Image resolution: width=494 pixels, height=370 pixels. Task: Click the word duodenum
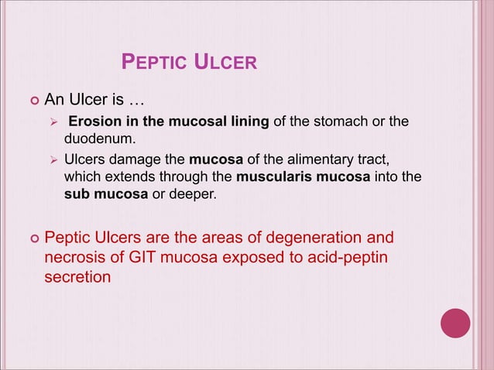tap(97, 139)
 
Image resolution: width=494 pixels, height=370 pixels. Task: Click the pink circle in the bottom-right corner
tap(455, 322)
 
